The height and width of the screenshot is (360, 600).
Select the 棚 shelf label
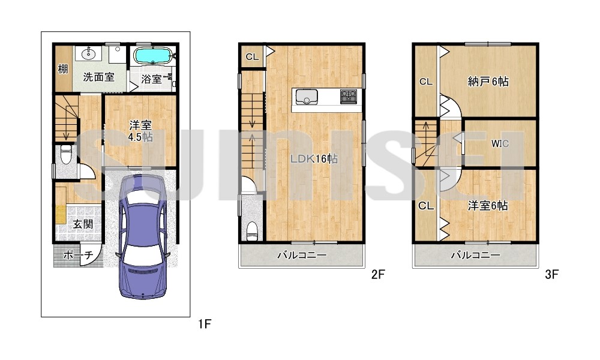(x=63, y=69)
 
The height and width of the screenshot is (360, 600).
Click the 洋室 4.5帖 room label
(x=140, y=131)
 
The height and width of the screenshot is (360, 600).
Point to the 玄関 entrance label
(x=83, y=224)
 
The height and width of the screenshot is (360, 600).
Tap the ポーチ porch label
(x=77, y=255)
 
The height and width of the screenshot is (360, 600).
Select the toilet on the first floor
(x=66, y=155)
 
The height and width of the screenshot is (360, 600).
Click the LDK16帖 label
(x=314, y=158)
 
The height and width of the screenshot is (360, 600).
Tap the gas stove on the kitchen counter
(x=348, y=97)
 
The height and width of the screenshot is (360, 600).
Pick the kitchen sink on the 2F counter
(x=306, y=97)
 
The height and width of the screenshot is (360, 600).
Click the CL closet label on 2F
(x=252, y=57)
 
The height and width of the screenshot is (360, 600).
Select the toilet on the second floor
(x=252, y=231)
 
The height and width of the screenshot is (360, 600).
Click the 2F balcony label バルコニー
(x=302, y=255)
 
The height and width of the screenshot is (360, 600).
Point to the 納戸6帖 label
(x=488, y=82)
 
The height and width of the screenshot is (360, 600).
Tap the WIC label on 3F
(x=500, y=143)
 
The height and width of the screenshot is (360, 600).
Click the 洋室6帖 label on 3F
(x=488, y=206)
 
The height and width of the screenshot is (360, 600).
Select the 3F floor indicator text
(x=551, y=274)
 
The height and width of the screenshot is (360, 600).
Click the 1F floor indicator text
(x=205, y=324)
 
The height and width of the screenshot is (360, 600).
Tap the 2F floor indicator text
(x=377, y=274)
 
